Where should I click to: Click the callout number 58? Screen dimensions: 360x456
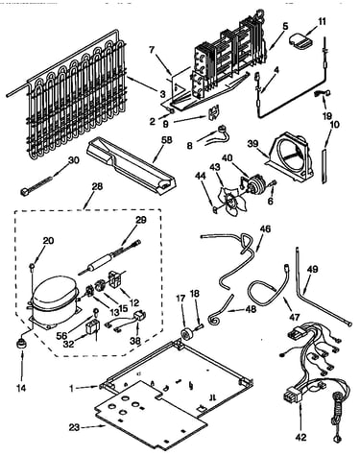click(167, 140)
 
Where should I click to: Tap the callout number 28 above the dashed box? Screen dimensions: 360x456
click(97, 187)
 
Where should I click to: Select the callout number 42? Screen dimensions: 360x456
click(301, 437)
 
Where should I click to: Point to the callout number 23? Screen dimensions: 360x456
click(74, 427)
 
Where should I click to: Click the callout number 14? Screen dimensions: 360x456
click(22, 389)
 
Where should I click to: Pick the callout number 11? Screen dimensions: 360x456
click(322, 22)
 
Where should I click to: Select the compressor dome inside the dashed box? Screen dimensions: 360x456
click(55, 293)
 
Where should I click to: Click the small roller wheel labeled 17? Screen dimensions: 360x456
click(185, 333)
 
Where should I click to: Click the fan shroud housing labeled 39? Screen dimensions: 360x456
click(290, 156)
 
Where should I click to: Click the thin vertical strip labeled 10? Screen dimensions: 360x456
click(324, 165)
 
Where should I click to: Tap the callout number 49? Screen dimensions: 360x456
click(312, 270)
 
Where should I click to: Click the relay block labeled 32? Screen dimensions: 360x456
click(93, 326)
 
